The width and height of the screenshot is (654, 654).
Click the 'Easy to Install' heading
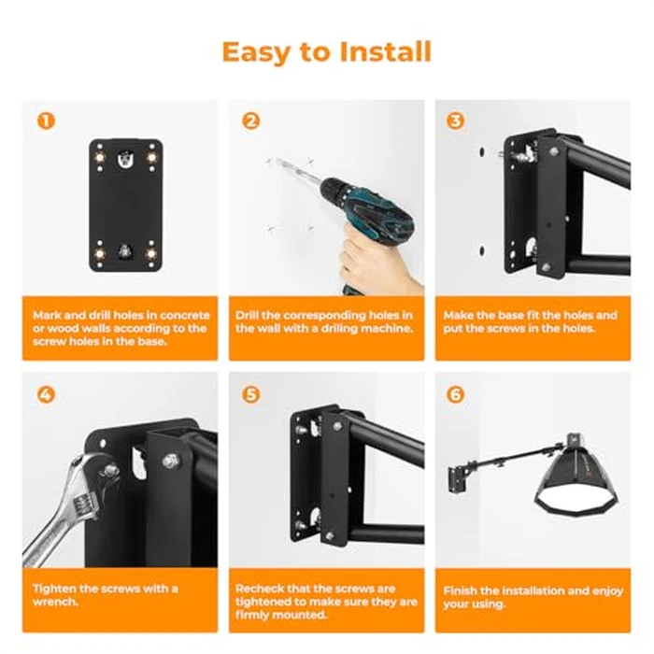[x=327, y=50]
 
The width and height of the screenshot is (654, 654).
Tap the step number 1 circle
[x=44, y=121]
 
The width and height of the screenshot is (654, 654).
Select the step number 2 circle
[x=250, y=121]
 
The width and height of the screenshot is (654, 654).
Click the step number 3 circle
[x=456, y=121]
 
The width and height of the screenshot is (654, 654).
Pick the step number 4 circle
[x=44, y=394]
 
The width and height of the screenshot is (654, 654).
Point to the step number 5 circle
[x=250, y=394]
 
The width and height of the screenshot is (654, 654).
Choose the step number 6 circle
[x=456, y=394]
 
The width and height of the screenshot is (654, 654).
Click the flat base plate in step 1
[x=126, y=206]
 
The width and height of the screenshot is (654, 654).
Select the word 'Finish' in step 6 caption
[x=464, y=590]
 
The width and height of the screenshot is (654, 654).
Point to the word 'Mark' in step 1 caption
[x=48, y=316]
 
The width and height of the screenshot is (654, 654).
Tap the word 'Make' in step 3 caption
[x=460, y=316]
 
